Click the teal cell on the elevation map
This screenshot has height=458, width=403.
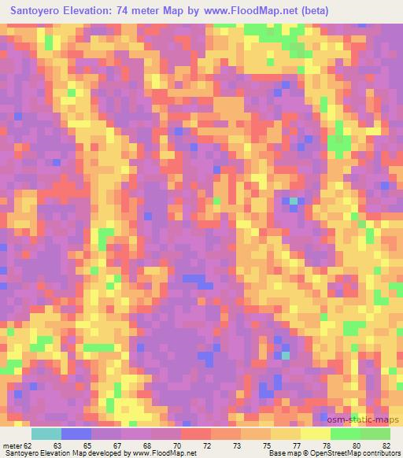tap(293, 201)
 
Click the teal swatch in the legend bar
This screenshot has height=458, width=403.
tap(46, 434)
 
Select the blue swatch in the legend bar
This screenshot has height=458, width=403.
tap(76, 434)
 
